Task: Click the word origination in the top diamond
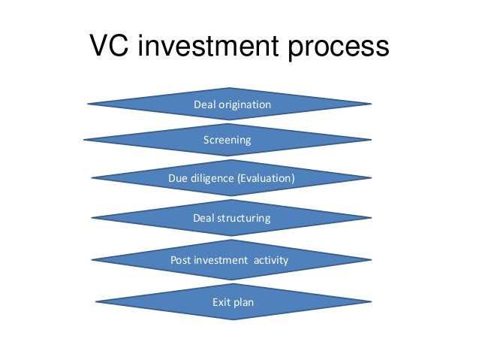coord(244,104)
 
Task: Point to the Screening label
coord(227,141)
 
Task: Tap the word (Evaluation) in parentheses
coord(266,179)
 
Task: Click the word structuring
coord(244,218)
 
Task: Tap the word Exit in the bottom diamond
coord(224,303)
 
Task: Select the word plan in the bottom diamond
coord(245,304)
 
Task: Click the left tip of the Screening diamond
coord(83,140)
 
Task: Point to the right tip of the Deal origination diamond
coord(371,104)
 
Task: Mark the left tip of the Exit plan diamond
coord(97,302)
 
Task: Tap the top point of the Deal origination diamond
coord(230,88)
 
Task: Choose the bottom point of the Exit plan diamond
coord(233,319)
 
